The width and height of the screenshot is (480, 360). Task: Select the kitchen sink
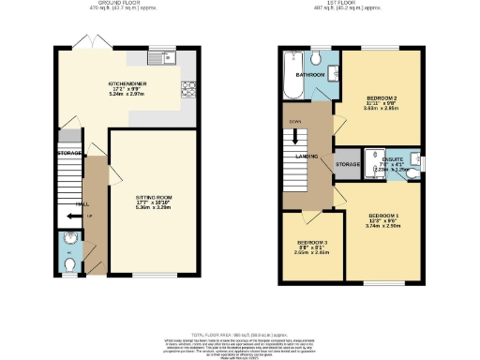(x=170, y=59)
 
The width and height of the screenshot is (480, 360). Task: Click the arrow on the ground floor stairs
(x=71, y=217)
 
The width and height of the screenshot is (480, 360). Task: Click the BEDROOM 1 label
(x=380, y=217)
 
